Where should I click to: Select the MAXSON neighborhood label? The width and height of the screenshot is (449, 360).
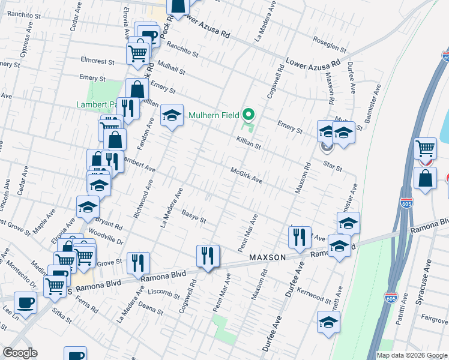pos(267,257)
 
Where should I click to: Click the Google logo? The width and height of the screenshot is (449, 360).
pos(20,353)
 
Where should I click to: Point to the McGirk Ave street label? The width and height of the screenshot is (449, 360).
pos(247,175)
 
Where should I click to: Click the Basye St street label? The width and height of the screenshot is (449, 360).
pos(194,215)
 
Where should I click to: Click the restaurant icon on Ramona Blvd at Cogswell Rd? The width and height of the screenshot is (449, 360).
pos(208,256)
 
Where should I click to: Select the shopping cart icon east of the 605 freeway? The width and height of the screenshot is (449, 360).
pos(426,147)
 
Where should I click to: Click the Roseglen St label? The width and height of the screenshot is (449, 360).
pos(330,43)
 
